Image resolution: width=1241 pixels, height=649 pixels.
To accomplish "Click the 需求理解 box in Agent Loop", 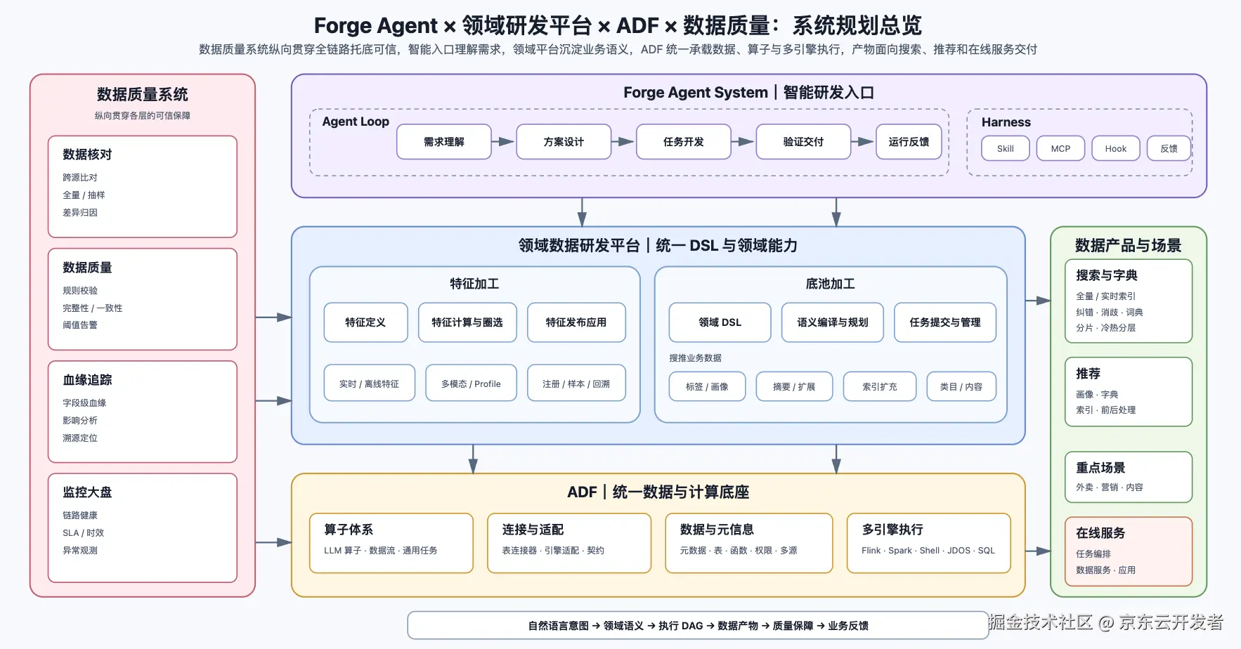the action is pos(444,142).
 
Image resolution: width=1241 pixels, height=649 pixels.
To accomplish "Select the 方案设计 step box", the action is pos(564,142).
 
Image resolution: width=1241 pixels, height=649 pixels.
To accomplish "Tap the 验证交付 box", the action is pos(803,142).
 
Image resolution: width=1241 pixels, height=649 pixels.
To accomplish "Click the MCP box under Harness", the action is pos(1060,149).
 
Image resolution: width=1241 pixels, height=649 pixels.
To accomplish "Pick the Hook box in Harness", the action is pos(1116,149).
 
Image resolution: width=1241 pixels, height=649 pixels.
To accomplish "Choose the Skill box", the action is pos(1006,149).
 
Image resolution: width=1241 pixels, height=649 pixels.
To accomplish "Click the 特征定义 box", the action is pos(365,322).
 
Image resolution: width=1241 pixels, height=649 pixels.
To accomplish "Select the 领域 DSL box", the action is pos(720,322).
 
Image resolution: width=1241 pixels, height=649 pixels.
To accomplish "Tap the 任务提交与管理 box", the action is pos(945,322).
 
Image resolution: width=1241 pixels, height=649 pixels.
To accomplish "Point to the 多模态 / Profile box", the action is pos(471,383).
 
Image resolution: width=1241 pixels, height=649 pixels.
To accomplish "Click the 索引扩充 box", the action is pos(880,386).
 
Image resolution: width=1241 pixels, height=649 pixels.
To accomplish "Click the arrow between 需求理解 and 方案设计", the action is pos(503,142).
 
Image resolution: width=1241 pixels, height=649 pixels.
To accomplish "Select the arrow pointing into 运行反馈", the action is pos(863,142).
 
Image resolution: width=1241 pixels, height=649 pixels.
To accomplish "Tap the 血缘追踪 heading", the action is pos(87,380).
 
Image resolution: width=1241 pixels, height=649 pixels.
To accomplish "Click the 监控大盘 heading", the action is pos(87,492).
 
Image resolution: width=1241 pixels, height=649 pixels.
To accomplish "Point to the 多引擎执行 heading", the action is pos(892,530).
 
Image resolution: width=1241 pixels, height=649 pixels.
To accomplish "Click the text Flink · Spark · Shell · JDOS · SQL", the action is pos(928,551).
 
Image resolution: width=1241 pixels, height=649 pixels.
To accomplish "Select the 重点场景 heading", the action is pos(1100,468).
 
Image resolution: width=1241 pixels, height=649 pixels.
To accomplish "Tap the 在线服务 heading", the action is pos(1100,533).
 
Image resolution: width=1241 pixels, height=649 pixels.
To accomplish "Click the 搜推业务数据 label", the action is pos(695,358).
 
